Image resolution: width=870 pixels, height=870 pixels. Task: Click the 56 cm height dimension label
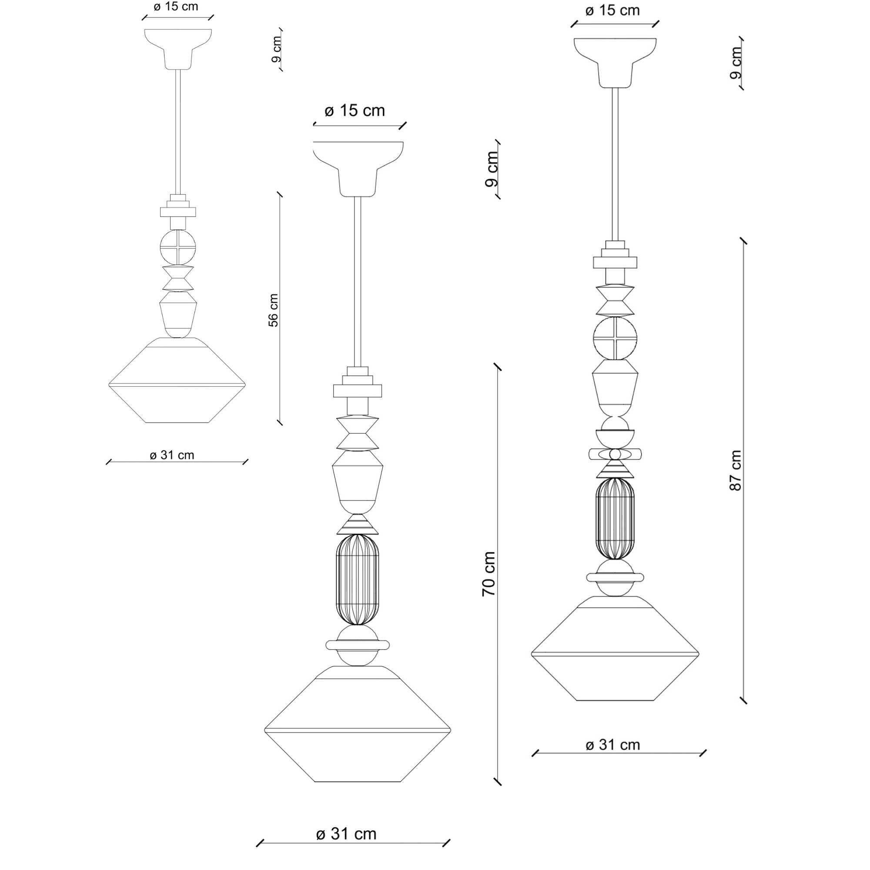click(x=273, y=310)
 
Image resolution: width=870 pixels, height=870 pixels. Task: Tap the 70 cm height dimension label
click(x=489, y=574)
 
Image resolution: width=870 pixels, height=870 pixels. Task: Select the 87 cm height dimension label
click(x=735, y=470)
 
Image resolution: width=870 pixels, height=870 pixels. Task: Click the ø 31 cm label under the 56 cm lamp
click(x=172, y=455)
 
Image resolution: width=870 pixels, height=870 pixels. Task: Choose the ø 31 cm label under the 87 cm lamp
click(x=612, y=745)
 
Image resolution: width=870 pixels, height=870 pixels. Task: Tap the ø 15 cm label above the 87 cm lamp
click(x=612, y=10)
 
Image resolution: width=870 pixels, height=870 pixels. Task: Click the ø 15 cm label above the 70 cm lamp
click(x=355, y=111)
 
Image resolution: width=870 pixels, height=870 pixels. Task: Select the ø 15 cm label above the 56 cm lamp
click(x=176, y=7)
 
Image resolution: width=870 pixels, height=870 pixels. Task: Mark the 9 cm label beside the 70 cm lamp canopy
click(x=492, y=169)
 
